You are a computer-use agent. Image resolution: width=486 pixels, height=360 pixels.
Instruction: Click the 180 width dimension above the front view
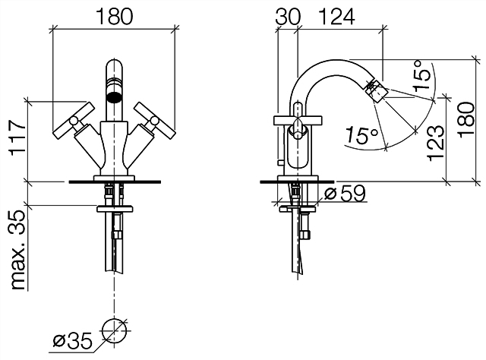tap(115, 17)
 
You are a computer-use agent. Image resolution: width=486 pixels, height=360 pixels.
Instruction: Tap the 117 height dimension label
tap(17, 138)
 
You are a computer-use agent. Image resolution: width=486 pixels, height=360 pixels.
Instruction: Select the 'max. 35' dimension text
tap(17, 251)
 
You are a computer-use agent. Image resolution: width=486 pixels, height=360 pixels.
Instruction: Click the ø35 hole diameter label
tap(73, 341)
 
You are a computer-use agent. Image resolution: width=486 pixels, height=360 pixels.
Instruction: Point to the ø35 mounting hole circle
tap(115, 330)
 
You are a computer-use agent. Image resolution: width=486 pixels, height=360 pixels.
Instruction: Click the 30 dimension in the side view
tap(288, 17)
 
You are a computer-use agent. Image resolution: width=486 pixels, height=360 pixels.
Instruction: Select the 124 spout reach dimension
tap(336, 17)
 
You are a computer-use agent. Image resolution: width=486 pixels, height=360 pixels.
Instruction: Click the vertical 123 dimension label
tap(436, 142)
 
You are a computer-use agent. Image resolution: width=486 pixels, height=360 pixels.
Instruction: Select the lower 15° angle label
tap(361, 134)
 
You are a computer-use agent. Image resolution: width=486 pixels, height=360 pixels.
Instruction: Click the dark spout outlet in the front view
tap(115, 96)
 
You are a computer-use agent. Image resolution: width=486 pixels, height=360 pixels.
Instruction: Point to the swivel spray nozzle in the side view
tap(374, 90)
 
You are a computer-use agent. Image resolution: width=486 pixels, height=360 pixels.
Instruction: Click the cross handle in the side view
tap(297, 120)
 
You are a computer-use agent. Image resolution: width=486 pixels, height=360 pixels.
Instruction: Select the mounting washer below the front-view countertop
tap(115, 209)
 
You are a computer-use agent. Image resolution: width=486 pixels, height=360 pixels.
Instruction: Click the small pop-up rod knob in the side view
tap(281, 163)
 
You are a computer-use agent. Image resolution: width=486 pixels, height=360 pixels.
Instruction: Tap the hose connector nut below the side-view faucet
tap(305, 234)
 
